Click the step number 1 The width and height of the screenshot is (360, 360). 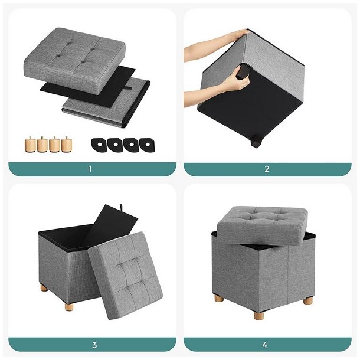pos(90,169)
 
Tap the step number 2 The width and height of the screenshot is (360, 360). pos(267,169)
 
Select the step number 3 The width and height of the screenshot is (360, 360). pos(94,345)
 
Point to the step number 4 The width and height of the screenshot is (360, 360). pos(265,345)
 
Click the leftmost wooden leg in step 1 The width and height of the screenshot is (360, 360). pos(30,143)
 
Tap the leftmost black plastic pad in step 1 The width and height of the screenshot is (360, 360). pos(98,143)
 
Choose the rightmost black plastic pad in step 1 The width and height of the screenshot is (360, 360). pos(144,143)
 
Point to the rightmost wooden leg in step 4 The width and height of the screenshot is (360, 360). pos(307,300)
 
